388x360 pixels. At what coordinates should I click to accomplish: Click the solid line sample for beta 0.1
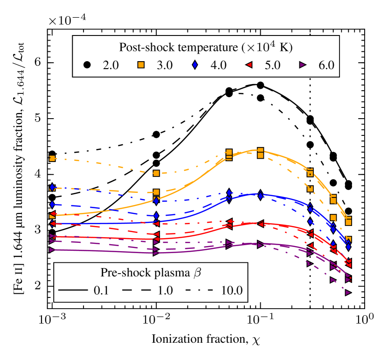(x=75, y=290)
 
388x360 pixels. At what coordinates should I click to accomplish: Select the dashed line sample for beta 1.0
(x=137, y=290)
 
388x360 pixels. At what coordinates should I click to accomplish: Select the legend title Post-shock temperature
(x=206, y=47)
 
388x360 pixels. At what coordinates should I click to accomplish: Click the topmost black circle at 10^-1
(x=260, y=85)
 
